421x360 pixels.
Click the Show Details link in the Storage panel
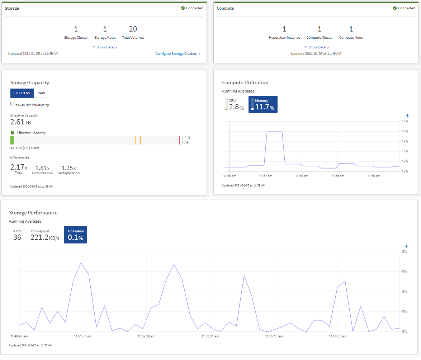[105, 47]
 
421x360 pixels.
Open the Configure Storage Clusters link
[178, 54]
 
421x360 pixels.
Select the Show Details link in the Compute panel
[317, 47]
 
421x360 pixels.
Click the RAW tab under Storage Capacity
[41, 93]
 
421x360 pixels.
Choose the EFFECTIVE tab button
[22, 93]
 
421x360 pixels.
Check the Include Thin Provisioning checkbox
[12, 104]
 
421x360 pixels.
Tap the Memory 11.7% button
[263, 104]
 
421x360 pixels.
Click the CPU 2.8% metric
[235, 104]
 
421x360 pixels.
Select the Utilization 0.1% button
[75, 235]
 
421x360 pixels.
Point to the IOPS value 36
[17, 237]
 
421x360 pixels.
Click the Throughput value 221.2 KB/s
[44, 237]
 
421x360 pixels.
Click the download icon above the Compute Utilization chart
[407, 116]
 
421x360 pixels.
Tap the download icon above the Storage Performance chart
[406, 246]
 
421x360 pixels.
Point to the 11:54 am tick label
[302, 176]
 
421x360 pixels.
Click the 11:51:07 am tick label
[83, 336]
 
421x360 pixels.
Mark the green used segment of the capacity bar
[12, 140]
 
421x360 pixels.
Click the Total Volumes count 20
[133, 29]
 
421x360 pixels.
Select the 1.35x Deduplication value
[68, 168]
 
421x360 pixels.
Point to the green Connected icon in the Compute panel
[395, 8]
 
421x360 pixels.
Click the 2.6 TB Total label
[186, 140]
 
